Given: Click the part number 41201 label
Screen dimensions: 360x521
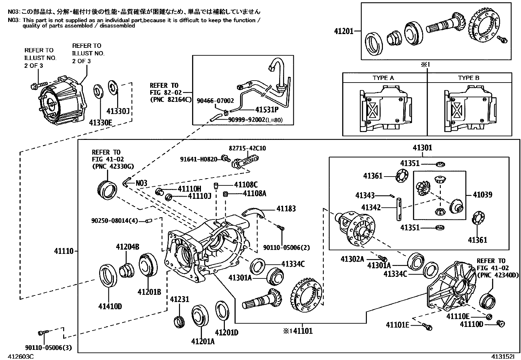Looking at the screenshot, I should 344,31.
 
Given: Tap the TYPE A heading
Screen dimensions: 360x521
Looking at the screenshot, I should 383,78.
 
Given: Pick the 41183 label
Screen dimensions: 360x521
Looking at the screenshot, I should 286,209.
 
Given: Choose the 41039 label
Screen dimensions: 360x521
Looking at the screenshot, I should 482,195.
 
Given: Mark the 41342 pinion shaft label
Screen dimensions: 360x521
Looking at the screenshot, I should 371,207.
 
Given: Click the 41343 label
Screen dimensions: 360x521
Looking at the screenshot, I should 365,196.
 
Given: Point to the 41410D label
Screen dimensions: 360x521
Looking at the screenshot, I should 110,307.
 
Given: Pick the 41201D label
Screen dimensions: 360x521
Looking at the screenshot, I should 226,332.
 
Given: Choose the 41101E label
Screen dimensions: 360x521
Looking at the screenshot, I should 397,325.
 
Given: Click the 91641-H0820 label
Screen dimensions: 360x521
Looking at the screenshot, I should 199,159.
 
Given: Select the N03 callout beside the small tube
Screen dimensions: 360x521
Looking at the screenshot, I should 141,183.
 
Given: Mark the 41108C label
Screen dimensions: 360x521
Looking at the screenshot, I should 246,185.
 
